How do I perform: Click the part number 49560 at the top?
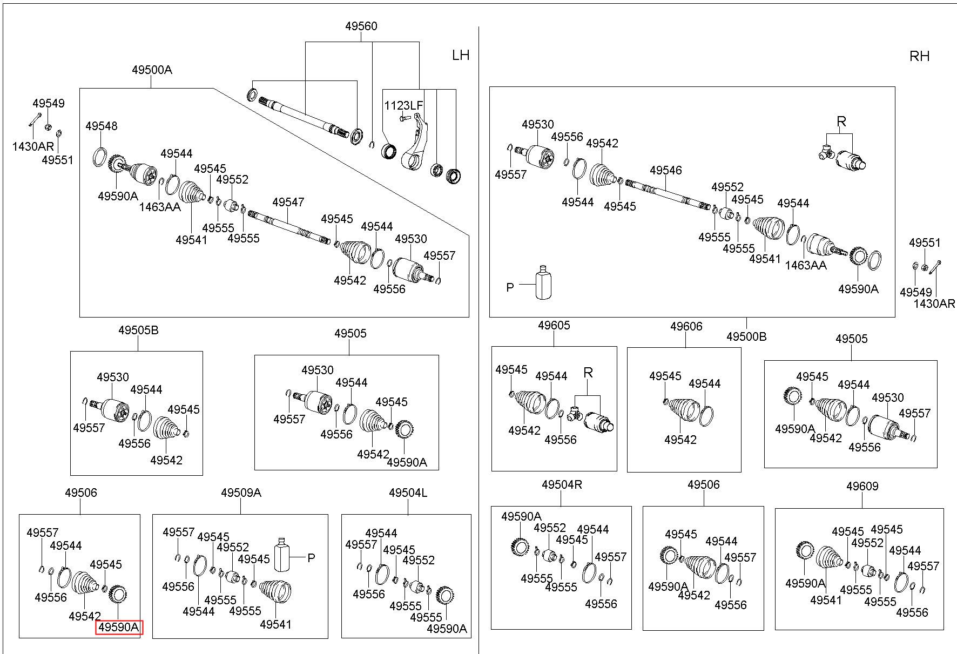point(362,26)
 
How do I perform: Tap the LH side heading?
point(461,55)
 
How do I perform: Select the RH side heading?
point(920,56)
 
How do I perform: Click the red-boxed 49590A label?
point(119,628)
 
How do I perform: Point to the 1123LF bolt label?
point(403,105)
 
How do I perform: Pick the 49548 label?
point(101,126)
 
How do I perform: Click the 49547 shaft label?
point(288,202)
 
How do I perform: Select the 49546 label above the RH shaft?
point(666,170)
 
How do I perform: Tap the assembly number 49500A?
point(152,70)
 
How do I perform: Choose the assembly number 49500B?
point(746,336)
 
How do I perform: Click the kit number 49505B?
point(138,330)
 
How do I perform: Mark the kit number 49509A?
point(241,493)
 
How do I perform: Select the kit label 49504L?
point(408,493)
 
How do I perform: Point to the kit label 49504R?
point(562,484)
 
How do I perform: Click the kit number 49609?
point(862,486)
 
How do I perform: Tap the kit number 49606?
point(686,326)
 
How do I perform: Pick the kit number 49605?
point(554,325)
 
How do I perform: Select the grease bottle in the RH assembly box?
point(543,282)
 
